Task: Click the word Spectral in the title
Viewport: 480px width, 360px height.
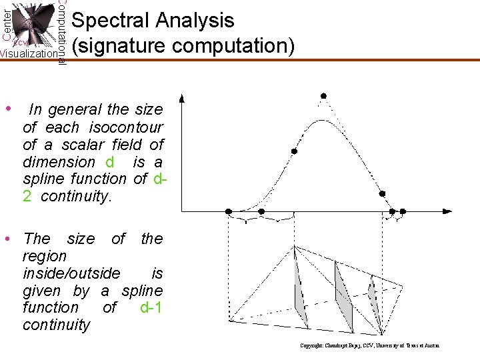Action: pos(109,21)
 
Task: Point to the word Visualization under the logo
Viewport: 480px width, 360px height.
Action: pos(28,54)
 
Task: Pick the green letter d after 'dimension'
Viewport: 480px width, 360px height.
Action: pos(109,161)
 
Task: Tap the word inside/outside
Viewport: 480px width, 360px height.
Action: pos(72,273)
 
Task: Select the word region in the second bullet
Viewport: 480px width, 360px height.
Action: pos(45,256)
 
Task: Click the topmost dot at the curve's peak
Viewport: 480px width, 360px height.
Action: pos(323,96)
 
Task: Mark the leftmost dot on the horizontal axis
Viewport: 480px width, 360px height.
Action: pos(229,211)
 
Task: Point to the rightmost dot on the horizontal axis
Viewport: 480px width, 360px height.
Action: pos(403,211)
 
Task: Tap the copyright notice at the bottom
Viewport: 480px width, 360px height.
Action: pos(369,345)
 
